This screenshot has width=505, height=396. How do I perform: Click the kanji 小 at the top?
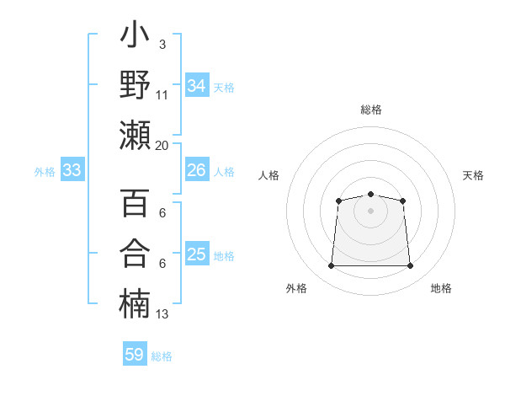click(135, 34)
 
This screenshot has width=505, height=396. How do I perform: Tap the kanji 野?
click(135, 84)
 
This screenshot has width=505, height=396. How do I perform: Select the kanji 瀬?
click(135, 135)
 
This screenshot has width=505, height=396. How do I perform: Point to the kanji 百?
click(135, 202)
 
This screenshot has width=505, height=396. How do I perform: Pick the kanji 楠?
click(135, 303)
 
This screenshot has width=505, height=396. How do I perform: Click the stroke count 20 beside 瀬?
click(162, 146)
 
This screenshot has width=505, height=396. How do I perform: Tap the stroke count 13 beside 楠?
click(162, 314)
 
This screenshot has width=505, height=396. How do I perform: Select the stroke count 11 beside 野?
click(162, 95)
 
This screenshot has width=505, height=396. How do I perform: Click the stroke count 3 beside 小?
click(162, 45)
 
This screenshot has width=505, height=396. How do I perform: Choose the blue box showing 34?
click(197, 85)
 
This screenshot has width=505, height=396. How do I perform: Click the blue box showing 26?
click(197, 169)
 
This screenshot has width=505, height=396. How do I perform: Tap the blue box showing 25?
click(197, 253)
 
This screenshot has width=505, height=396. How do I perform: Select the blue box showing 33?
click(72, 169)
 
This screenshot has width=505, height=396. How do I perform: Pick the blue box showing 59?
click(135, 353)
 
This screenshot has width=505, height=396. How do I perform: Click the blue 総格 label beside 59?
click(162, 356)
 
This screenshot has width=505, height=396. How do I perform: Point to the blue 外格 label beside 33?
click(45, 172)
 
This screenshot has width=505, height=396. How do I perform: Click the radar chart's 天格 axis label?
click(473, 175)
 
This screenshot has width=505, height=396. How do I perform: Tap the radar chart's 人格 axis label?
click(268, 175)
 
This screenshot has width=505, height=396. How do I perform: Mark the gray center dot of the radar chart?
click(370, 211)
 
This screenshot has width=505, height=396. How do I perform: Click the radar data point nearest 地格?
click(410, 265)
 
